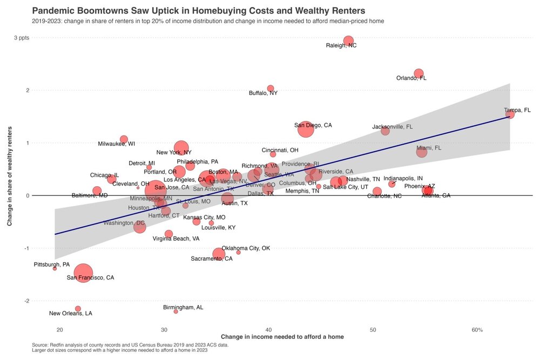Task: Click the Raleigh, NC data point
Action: (x=348, y=41)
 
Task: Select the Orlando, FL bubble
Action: (x=418, y=73)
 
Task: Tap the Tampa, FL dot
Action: (x=510, y=114)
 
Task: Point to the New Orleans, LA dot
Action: (x=78, y=309)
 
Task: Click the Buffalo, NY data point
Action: (x=271, y=89)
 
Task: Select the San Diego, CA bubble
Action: (x=305, y=130)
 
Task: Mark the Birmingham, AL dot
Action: (x=176, y=311)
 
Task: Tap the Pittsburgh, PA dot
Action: (x=55, y=268)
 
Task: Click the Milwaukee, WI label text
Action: (x=117, y=144)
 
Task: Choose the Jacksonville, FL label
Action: (x=393, y=127)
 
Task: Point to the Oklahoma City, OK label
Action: (x=246, y=248)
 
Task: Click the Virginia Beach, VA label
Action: (x=176, y=239)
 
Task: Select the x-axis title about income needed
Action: (x=282, y=337)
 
